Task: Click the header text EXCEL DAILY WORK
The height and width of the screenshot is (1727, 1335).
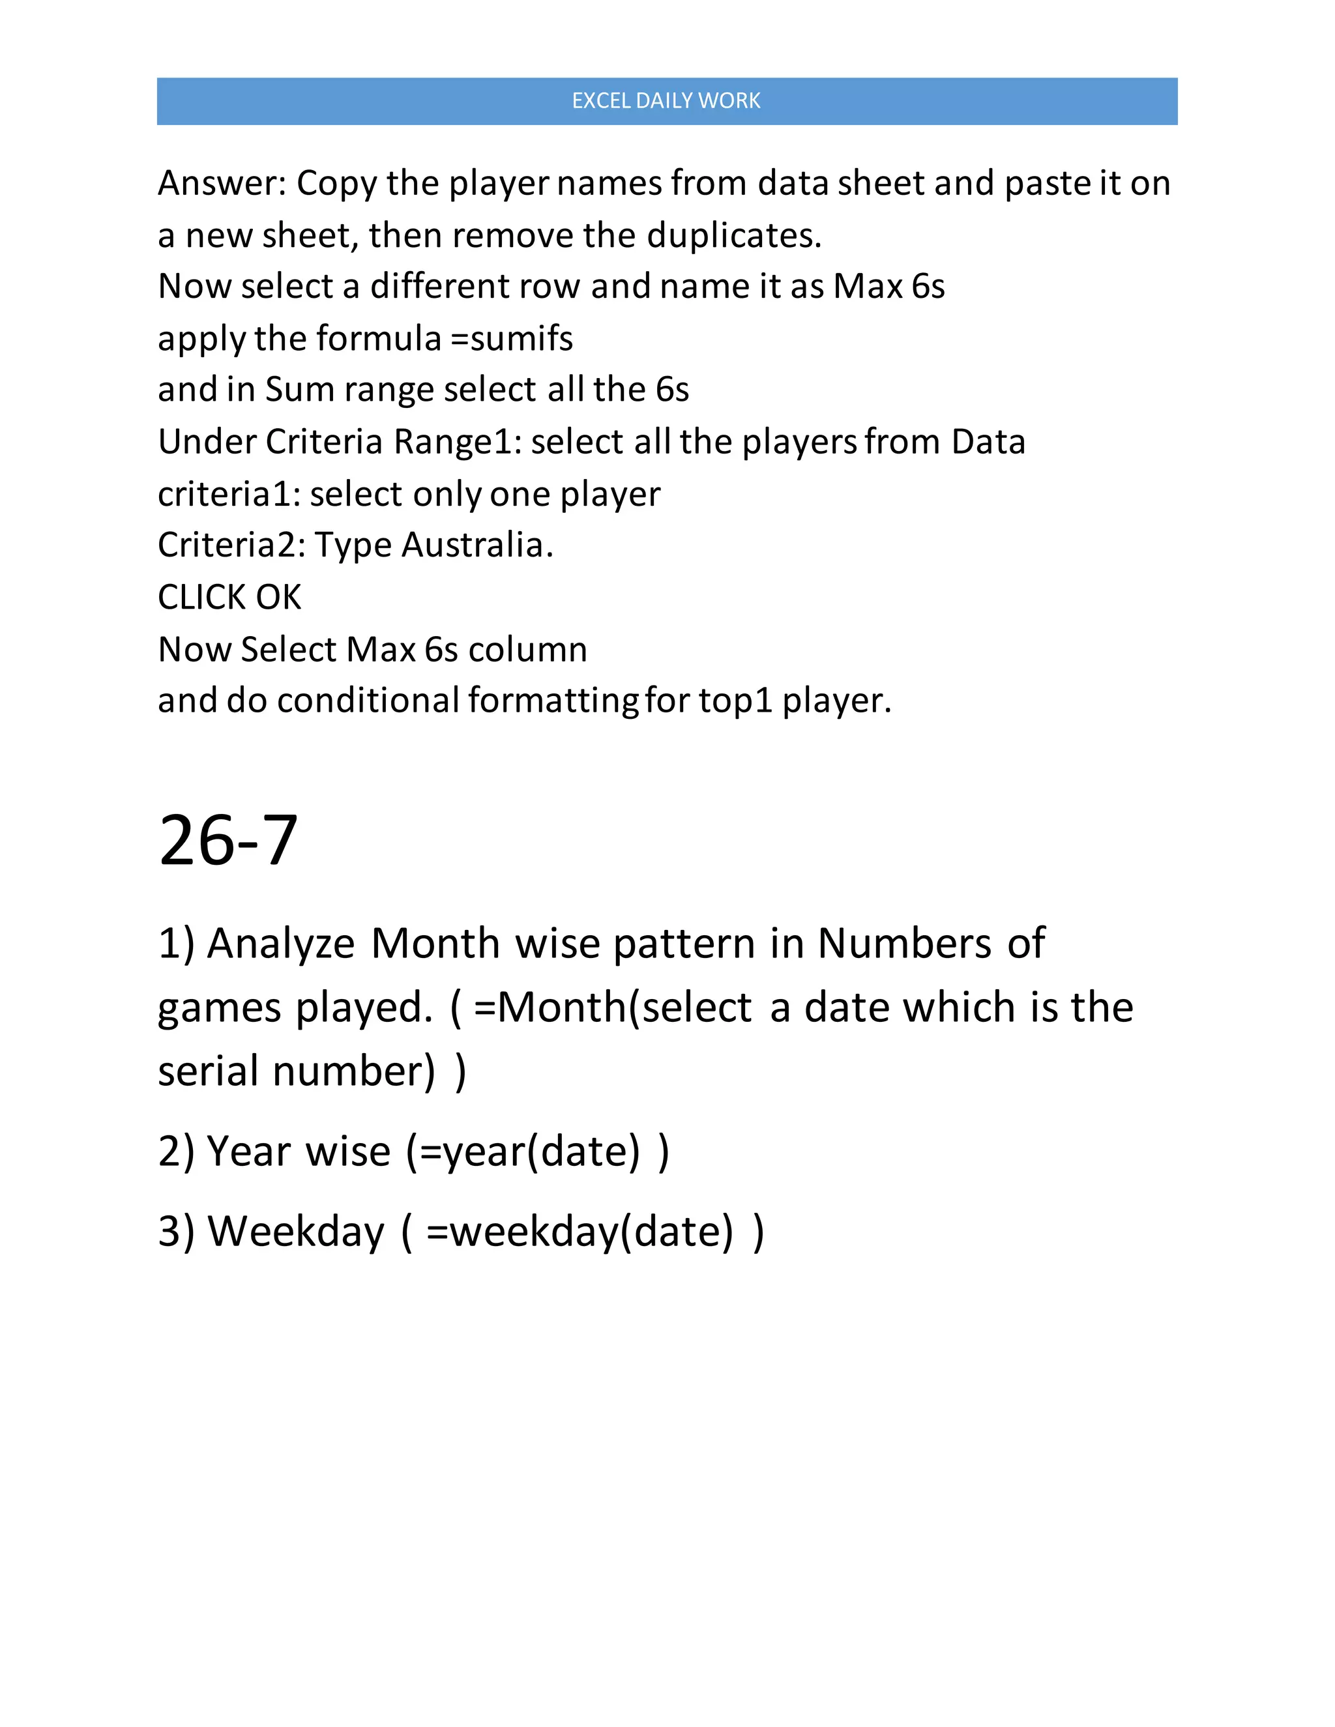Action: pos(666,100)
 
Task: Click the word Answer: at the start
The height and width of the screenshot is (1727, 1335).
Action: pos(222,184)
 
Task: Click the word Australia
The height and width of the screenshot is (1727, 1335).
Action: pos(477,545)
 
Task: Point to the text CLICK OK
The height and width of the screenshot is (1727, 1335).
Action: pos(229,597)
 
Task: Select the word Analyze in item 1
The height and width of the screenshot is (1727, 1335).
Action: pos(281,944)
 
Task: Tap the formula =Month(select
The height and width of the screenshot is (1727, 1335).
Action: pos(613,1008)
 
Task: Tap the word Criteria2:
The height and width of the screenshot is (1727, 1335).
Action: pos(231,545)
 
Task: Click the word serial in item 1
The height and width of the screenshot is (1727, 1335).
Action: pos(209,1071)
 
